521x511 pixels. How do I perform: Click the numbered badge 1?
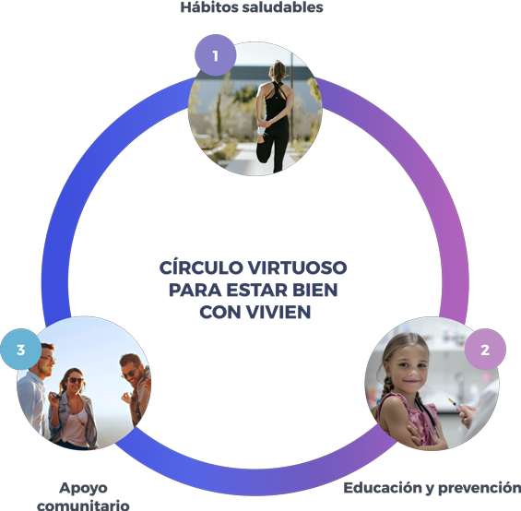tap(215, 54)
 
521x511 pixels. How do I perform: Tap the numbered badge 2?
tap(485, 349)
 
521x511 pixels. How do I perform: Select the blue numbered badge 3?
tap(20, 349)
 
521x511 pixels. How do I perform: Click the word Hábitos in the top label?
tap(209, 7)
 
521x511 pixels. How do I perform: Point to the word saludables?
tap(282, 7)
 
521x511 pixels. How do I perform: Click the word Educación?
tap(383, 488)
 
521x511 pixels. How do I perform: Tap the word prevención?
tap(480, 488)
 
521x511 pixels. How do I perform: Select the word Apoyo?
tap(83, 488)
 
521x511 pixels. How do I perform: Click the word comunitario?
tap(83, 505)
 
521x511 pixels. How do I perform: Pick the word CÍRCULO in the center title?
tap(201, 267)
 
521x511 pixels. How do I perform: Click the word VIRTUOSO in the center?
tap(297, 267)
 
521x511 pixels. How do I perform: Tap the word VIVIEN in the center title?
tap(278, 312)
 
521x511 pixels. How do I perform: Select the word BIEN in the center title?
tap(315, 290)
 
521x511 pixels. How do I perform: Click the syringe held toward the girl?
tap(452, 401)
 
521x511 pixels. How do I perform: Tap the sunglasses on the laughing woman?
tap(76, 380)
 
